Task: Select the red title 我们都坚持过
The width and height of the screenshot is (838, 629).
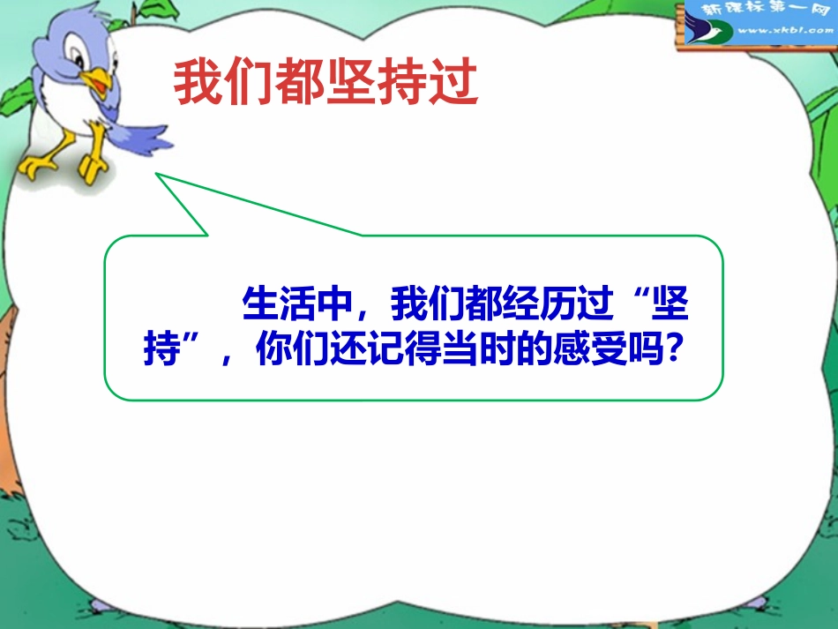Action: tap(325, 85)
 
